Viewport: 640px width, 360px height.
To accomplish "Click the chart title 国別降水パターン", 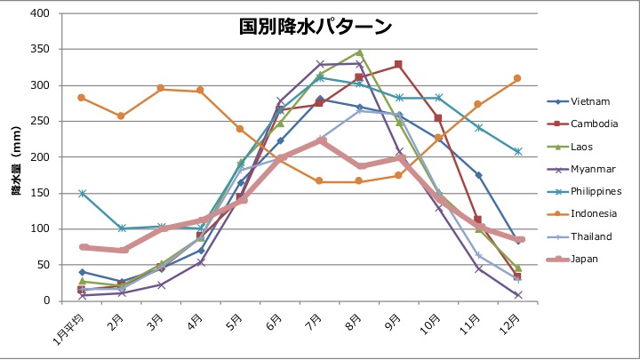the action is (x=315, y=27).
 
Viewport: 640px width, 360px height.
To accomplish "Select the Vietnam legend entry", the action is (x=579, y=101).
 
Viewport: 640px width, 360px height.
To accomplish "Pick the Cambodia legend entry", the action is (x=582, y=124).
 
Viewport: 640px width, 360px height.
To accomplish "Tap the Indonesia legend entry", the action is (x=582, y=213).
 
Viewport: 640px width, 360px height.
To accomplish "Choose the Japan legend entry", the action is (x=572, y=259).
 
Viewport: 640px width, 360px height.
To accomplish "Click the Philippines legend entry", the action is (x=584, y=191).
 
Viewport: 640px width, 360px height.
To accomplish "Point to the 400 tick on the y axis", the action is (x=40, y=13).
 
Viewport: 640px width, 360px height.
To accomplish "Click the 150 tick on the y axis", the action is (x=40, y=193).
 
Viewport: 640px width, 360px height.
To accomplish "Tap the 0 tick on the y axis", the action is (x=46, y=300).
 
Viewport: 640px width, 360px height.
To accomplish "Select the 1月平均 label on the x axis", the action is (x=68, y=330).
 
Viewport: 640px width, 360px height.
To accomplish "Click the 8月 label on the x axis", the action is (x=354, y=322).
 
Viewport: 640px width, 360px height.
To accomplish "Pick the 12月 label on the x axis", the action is (x=510, y=324).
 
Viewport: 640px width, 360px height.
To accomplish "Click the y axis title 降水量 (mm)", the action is (x=16, y=160).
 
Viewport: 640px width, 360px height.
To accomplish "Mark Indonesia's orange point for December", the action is (x=517, y=78).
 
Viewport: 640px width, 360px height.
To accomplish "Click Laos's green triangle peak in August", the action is (x=359, y=52).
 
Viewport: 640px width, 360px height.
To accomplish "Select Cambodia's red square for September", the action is (x=398, y=65).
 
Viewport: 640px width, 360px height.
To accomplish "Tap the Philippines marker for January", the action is (x=82, y=193).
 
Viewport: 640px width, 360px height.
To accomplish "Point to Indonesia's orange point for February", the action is (x=121, y=116).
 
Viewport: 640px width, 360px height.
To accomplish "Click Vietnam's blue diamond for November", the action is (x=478, y=175).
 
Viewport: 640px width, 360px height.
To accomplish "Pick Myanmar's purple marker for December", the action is (x=518, y=295).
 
